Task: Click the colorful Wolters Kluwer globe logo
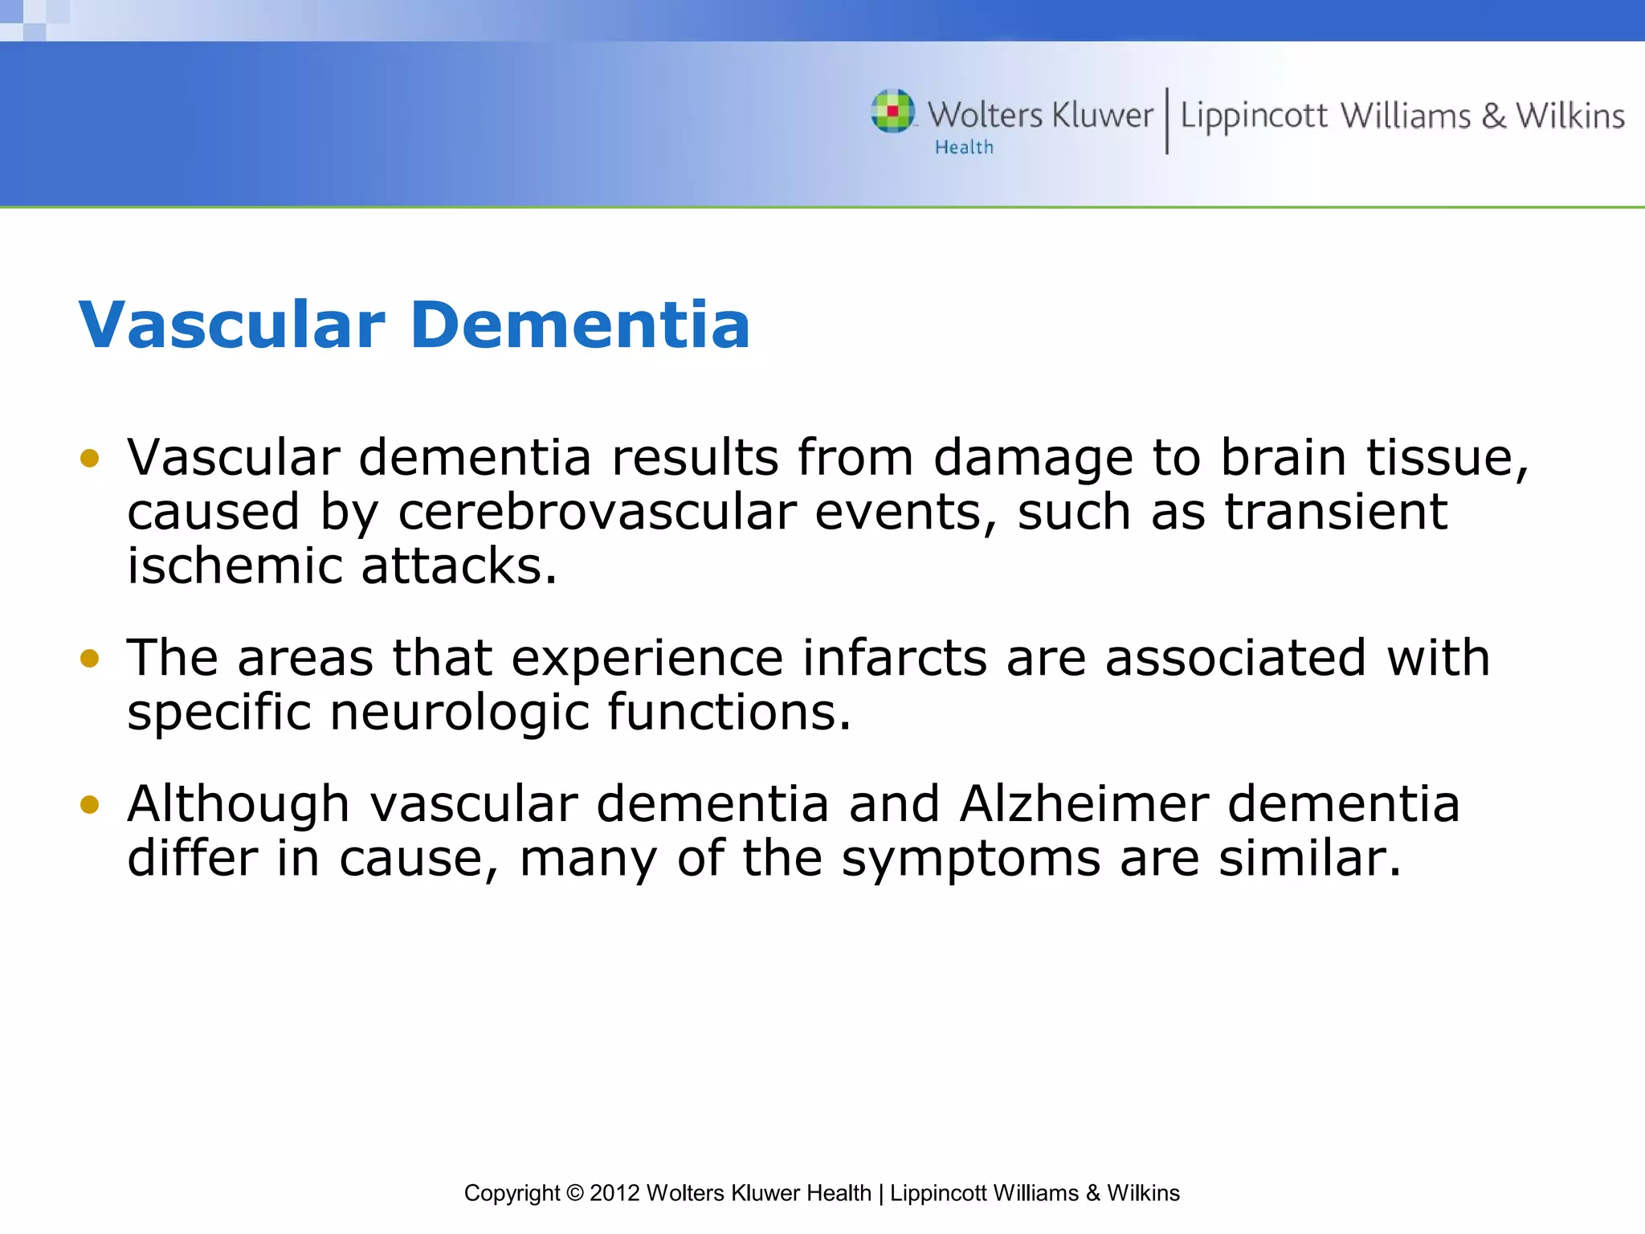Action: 892,111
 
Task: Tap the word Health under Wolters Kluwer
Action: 964,147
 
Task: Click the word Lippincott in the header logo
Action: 1254,116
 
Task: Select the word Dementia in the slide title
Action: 580,325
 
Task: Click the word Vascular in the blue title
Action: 232,325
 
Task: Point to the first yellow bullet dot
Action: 89,459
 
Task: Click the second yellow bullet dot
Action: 89,659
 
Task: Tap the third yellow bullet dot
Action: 89,804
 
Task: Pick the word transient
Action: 1336,512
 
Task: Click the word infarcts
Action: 894,658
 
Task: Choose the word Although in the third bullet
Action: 239,805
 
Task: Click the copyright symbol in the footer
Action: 574,1193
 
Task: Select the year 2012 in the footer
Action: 614,1193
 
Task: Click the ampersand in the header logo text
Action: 1493,116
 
